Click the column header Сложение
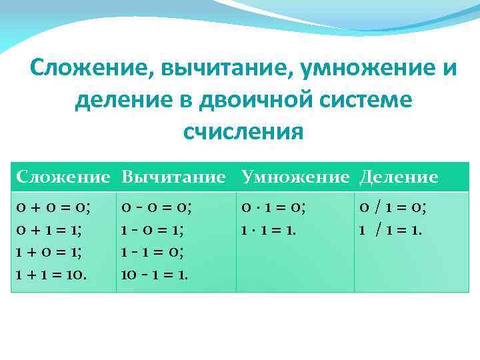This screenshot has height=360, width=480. click(x=63, y=177)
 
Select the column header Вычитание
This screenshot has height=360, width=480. click(x=174, y=177)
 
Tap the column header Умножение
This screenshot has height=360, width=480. click(x=295, y=177)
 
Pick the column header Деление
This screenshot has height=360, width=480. click(x=399, y=177)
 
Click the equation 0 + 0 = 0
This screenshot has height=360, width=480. click(x=53, y=207)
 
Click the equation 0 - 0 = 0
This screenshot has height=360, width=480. click(x=157, y=207)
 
